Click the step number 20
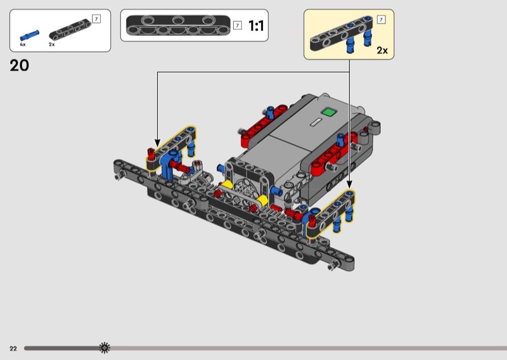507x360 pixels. click(x=20, y=65)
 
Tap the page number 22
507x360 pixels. click(x=13, y=349)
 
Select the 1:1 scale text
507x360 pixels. click(x=256, y=25)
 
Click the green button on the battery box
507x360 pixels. click(x=329, y=112)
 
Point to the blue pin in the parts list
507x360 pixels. click(x=30, y=35)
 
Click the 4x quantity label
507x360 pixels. click(x=23, y=44)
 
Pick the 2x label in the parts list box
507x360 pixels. click(x=52, y=44)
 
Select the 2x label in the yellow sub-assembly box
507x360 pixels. click(x=382, y=51)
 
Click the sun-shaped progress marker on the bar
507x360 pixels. click(x=105, y=348)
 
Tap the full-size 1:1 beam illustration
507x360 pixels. click(x=178, y=25)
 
